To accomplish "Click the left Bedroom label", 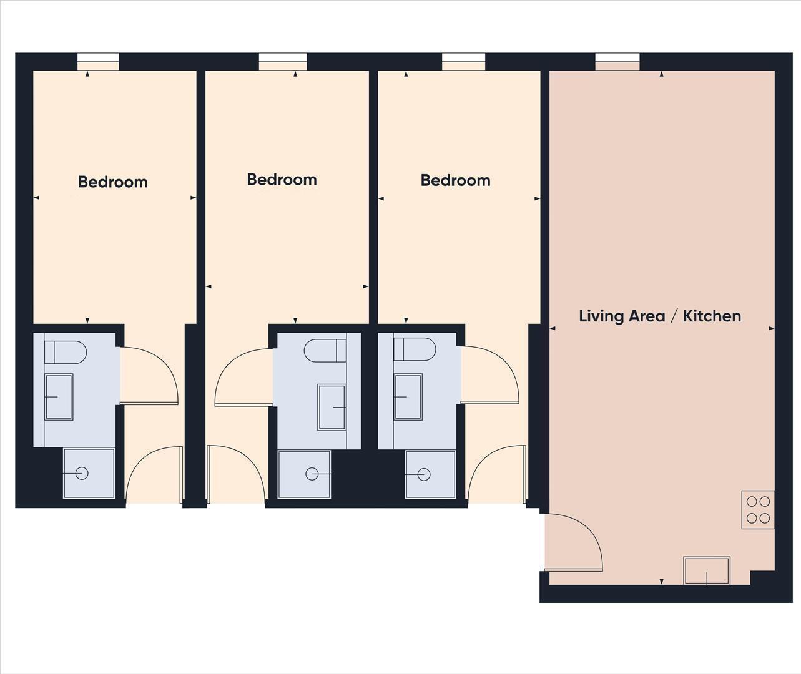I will click(x=113, y=182).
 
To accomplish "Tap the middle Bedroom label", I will click(x=282, y=180).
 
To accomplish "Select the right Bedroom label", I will click(x=455, y=180).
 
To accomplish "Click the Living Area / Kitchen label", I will click(x=660, y=316).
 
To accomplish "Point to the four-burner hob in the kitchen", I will click(x=758, y=509).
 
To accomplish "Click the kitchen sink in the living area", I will click(x=707, y=570).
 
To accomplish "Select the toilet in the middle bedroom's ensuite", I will click(x=325, y=351).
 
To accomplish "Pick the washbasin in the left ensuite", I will click(x=59, y=396).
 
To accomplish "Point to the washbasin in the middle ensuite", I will click(x=332, y=407).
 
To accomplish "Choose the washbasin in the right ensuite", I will click(x=408, y=396).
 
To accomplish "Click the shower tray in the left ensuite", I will click(x=89, y=473).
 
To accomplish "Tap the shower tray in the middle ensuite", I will click(x=304, y=474).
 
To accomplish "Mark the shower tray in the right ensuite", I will click(x=430, y=474).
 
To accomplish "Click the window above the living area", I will click(x=617, y=61).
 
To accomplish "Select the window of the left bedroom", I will click(x=98, y=61).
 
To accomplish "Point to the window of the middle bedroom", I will click(x=283, y=61).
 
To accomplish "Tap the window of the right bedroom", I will click(x=463, y=61).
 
